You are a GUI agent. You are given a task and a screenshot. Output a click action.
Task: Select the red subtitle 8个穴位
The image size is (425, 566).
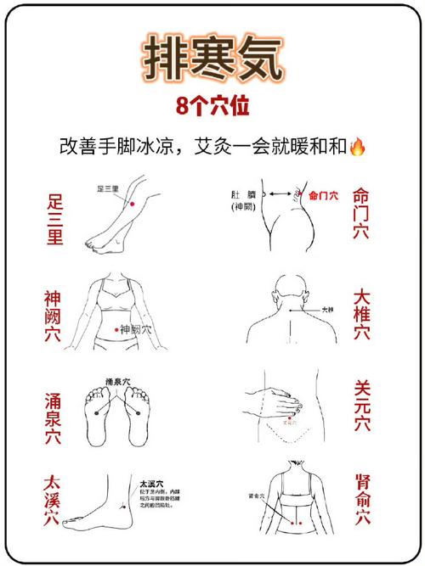pos(212,107)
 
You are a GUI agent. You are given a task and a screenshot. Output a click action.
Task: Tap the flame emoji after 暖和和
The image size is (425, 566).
pos(359,147)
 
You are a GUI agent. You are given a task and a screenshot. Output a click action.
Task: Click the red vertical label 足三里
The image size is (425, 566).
pos(54,219)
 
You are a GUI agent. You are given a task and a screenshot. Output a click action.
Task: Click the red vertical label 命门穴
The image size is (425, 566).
pos(361,213)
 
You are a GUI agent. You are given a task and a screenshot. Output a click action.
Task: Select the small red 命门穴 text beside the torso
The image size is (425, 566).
pos(323,194)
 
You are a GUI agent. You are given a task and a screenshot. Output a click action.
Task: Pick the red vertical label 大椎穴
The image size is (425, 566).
pos(361,316)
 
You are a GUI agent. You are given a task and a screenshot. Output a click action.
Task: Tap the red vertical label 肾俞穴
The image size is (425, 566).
pos(361,500)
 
